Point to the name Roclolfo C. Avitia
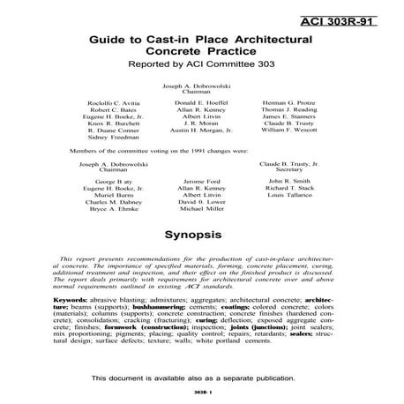click(113, 104)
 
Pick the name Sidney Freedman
click(113, 139)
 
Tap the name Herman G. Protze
click(288, 104)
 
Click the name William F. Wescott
click(288, 131)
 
